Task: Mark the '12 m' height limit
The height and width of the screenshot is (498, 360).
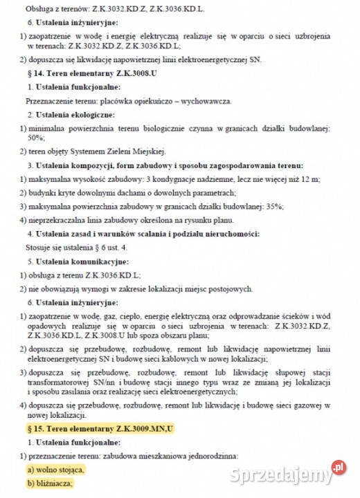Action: click(x=306, y=179)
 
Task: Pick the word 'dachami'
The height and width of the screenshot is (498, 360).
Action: click(x=112, y=192)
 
